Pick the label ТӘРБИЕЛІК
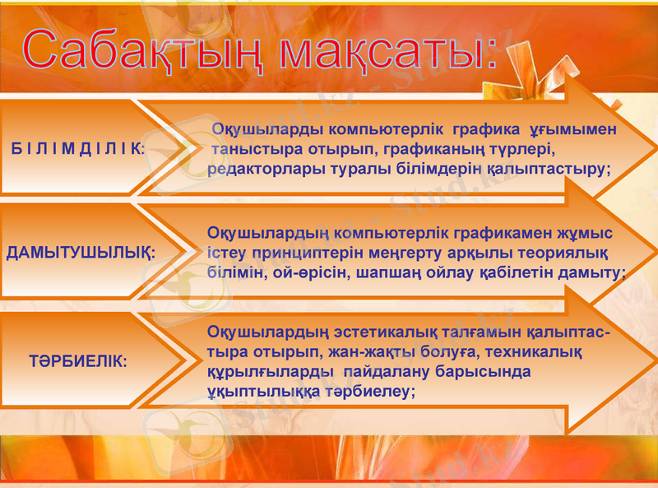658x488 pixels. [x=78, y=361]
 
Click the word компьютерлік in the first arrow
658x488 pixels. [x=387, y=130]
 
